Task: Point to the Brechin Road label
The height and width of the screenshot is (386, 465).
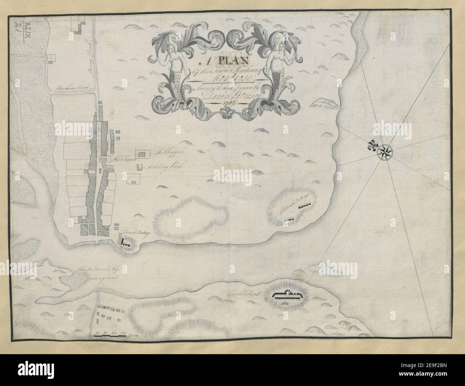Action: (x=72, y=87)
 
